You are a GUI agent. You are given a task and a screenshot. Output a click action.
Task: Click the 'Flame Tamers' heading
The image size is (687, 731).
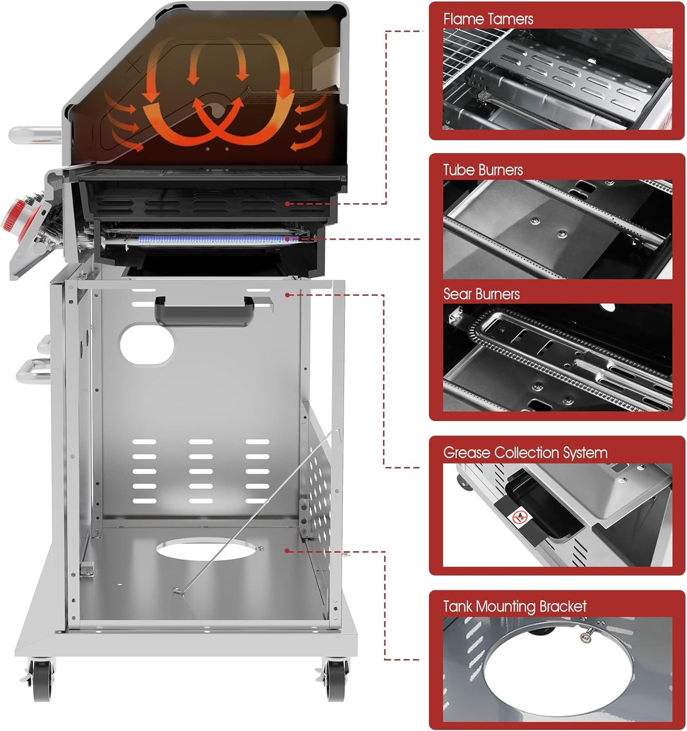point(487,19)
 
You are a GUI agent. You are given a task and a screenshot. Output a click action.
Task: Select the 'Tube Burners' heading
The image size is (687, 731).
point(483,170)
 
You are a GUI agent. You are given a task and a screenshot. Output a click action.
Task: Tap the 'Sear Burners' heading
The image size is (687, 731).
point(482,294)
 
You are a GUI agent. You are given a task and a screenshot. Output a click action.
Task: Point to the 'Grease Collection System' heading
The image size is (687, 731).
point(525,453)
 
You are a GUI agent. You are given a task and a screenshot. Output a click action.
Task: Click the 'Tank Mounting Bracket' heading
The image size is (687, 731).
point(515,606)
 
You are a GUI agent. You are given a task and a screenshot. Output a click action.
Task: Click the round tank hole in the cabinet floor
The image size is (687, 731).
point(206,550)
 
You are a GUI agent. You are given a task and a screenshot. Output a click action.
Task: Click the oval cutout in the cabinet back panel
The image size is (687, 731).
point(147,345)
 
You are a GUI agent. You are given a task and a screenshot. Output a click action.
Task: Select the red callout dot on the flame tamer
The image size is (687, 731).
point(287,204)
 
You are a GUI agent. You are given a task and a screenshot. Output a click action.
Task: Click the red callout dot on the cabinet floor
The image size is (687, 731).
point(287,551)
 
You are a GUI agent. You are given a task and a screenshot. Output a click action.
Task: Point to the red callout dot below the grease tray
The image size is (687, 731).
point(287,295)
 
